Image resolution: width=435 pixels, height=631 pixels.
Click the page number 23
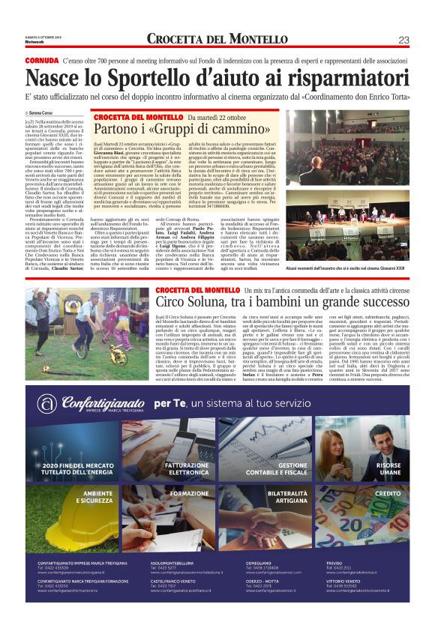(403, 40)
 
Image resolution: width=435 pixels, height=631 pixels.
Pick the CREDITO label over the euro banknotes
(388, 495)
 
